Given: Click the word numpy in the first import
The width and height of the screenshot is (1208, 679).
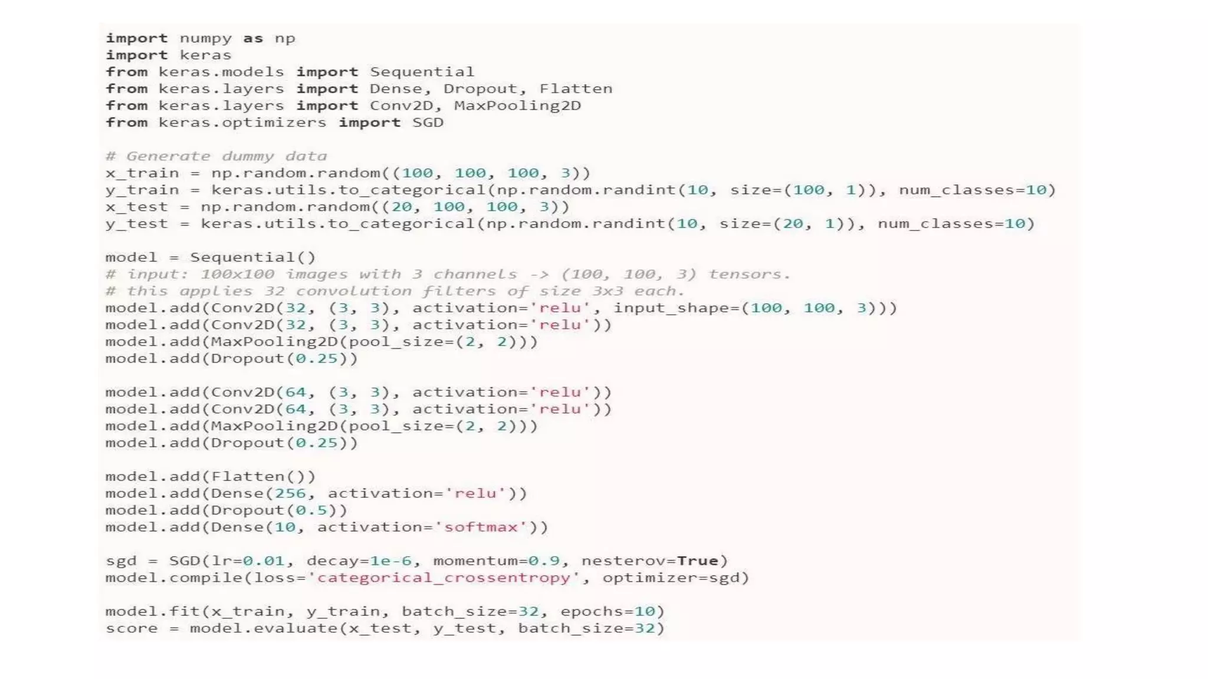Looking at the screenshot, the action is click(205, 39).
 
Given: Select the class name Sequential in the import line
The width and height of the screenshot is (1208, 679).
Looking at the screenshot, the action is click(422, 72).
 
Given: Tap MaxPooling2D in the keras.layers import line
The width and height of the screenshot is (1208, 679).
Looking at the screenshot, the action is click(517, 106).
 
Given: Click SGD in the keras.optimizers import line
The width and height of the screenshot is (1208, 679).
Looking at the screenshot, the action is click(428, 123).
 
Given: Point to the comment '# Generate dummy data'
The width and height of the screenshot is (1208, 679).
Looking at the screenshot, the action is click(216, 156).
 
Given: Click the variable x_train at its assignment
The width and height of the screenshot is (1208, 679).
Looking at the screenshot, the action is click(142, 173).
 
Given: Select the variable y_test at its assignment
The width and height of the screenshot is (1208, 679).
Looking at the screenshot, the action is click(136, 224).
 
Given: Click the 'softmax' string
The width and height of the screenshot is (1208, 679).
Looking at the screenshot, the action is click(480, 527).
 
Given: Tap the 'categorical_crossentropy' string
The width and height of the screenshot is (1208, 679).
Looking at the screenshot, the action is click(444, 578).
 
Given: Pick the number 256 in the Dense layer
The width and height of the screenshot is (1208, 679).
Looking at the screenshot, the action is click(290, 493).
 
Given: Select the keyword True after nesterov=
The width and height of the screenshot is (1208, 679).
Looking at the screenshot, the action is click(697, 561).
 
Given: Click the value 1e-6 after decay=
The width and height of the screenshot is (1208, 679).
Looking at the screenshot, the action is click(391, 561).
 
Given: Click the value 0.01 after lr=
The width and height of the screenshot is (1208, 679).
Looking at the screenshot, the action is click(264, 561).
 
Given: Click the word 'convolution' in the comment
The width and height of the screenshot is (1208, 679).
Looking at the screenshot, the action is click(353, 291).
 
